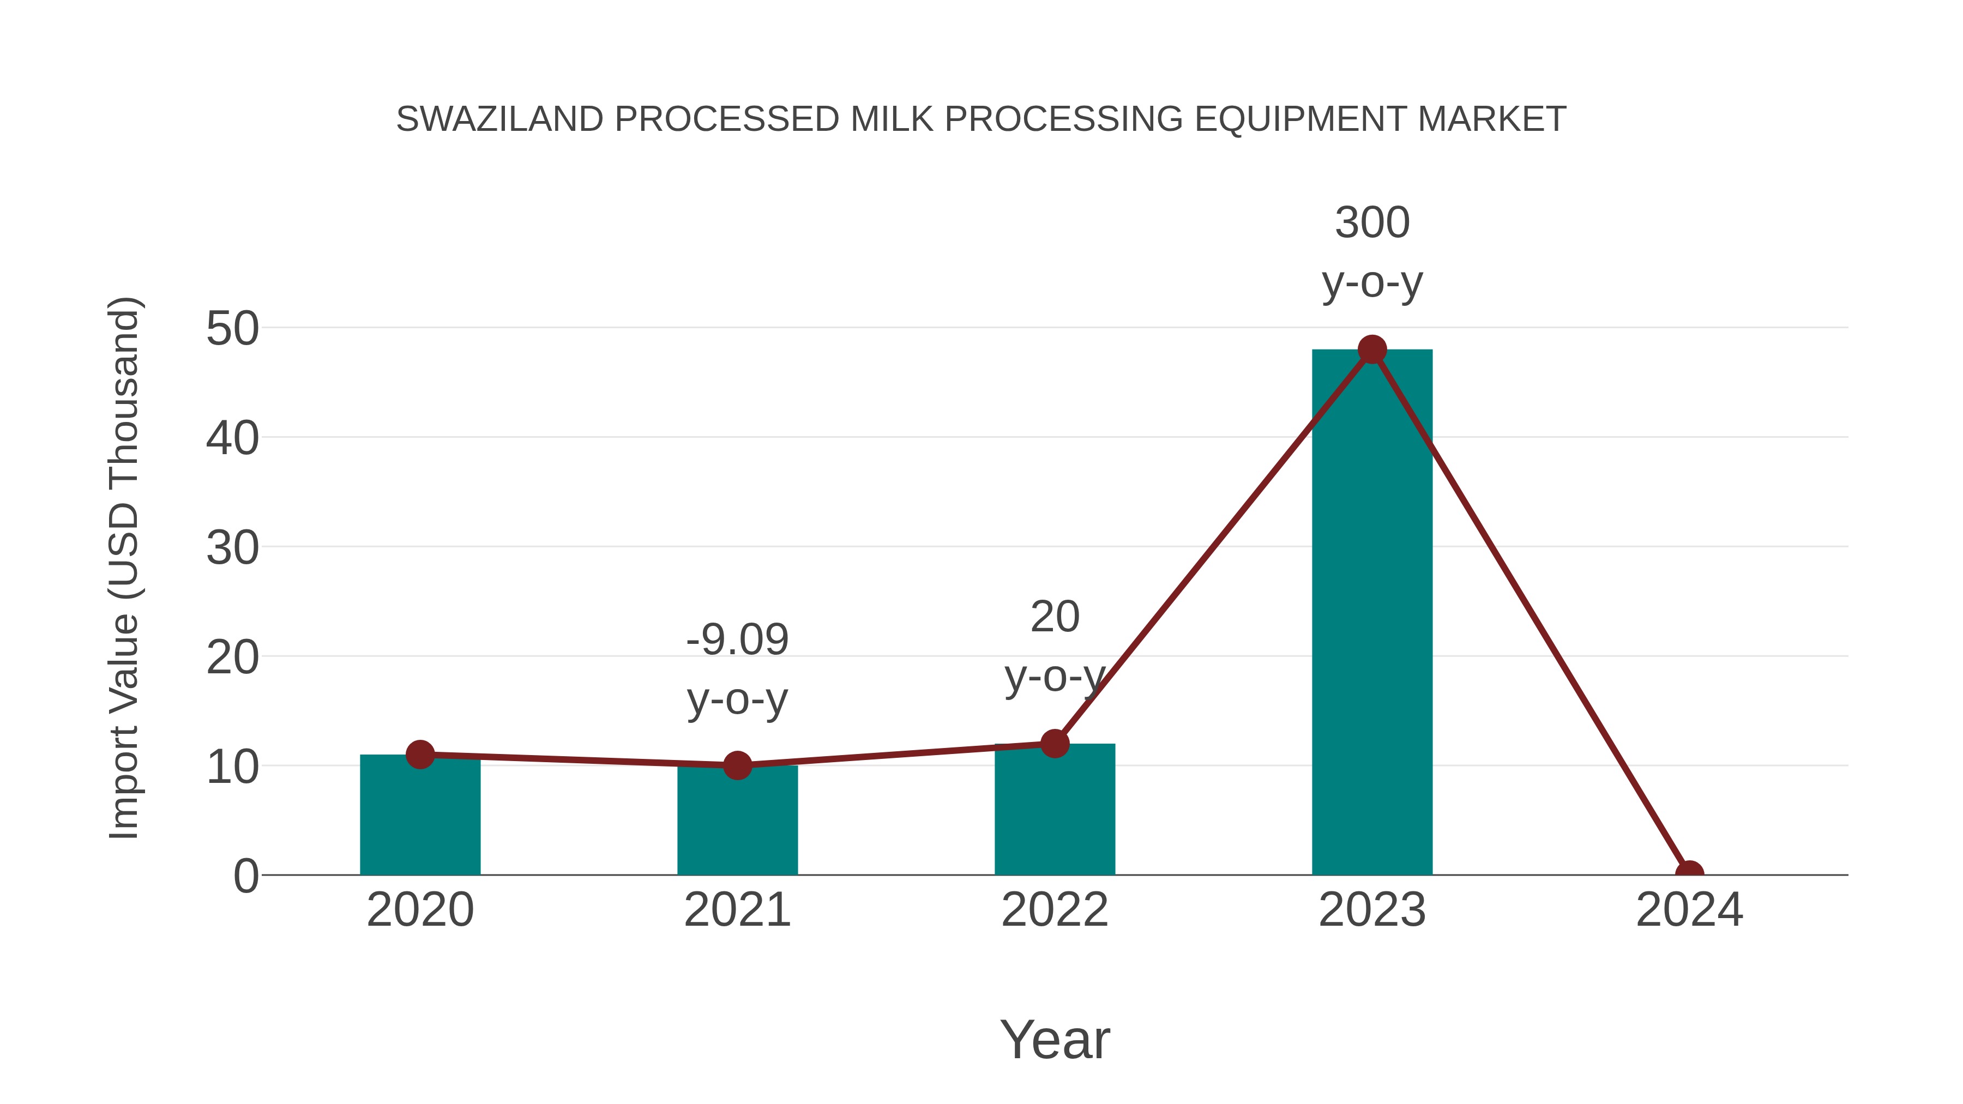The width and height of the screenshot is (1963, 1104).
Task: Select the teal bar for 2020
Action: coord(420,815)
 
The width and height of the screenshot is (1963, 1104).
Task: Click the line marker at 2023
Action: coord(1372,349)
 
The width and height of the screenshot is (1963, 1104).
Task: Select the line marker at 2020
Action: coord(420,755)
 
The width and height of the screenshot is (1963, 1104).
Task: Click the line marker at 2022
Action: coord(1055,743)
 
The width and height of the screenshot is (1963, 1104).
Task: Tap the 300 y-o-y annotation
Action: coord(1372,252)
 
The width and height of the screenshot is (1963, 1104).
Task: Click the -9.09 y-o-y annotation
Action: coord(737,669)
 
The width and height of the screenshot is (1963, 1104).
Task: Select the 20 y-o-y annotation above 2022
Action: coord(1055,646)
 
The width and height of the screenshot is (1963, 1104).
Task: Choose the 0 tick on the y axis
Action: coord(245,876)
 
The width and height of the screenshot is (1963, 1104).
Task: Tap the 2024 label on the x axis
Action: coord(1689,910)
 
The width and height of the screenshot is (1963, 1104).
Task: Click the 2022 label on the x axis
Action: coord(1055,910)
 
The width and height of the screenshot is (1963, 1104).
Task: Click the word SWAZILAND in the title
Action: coord(499,119)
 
